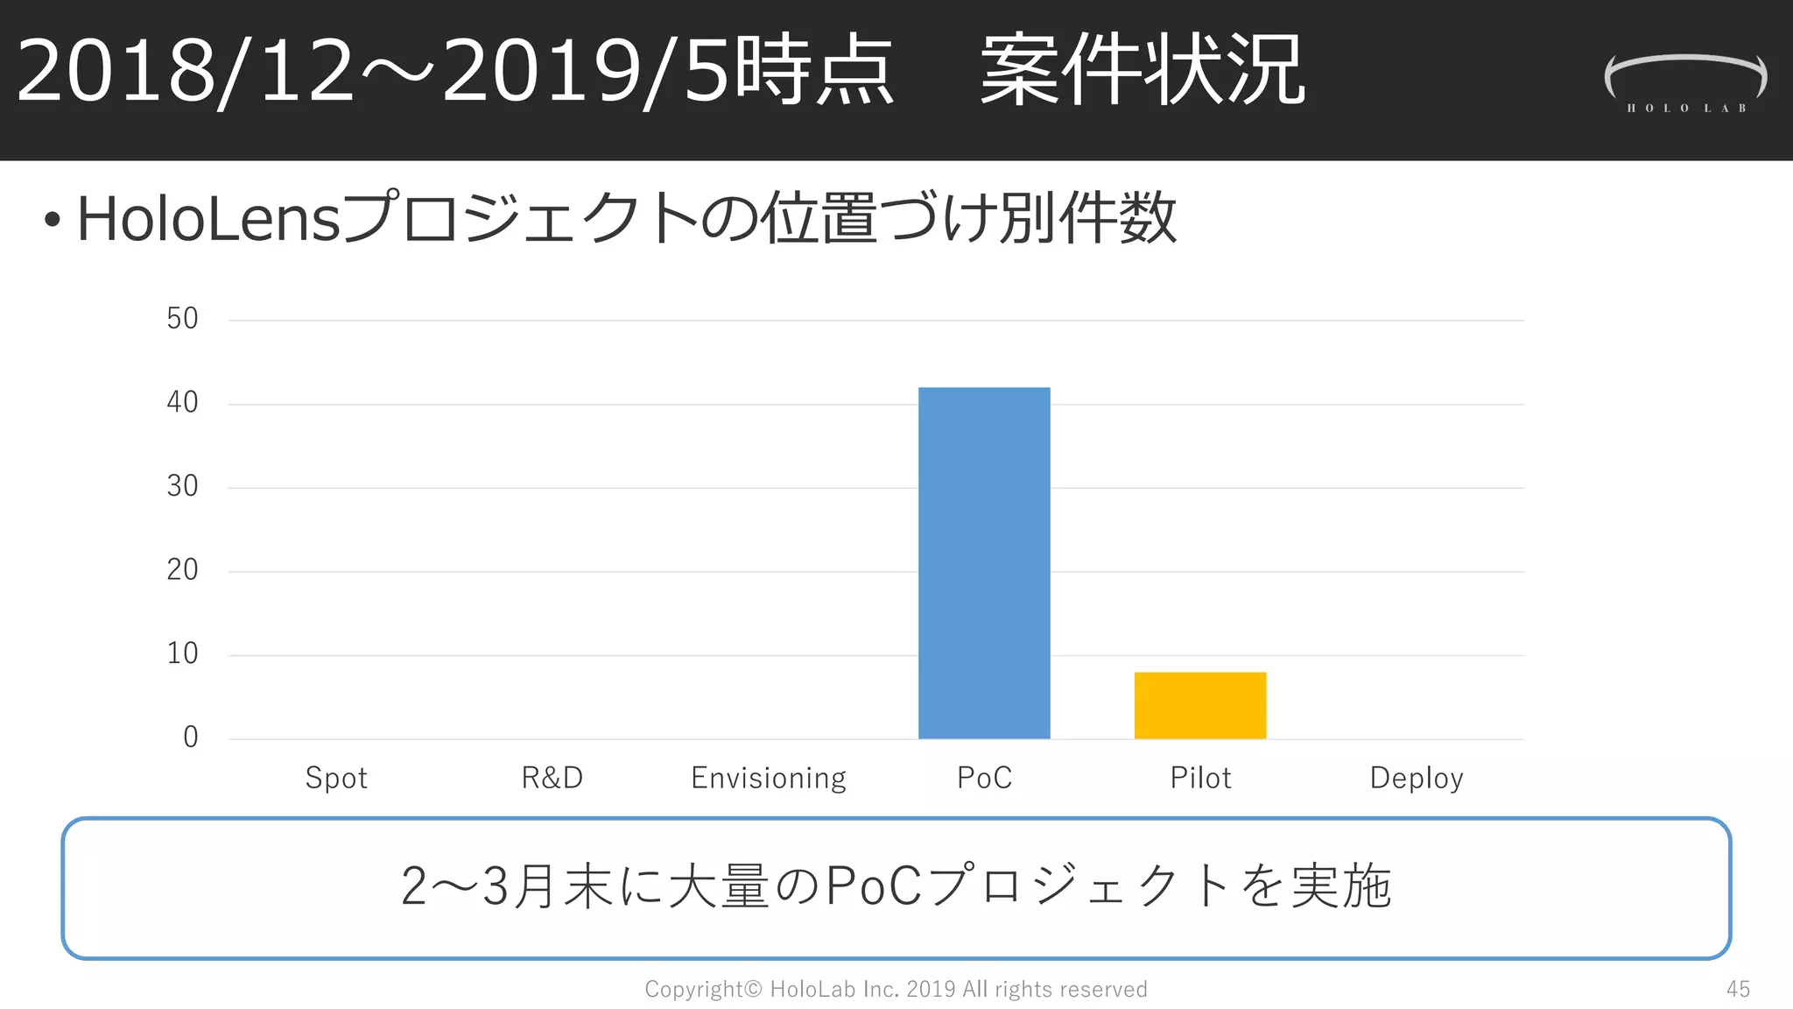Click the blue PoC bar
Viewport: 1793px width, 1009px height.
[x=984, y=563]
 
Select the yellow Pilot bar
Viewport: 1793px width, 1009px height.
[x=1200, y=706]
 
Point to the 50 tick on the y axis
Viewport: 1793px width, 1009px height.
[x=183, y=319]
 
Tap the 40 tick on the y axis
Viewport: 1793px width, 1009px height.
[x=183, y=403]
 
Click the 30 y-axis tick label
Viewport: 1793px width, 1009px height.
[x=183, y=486]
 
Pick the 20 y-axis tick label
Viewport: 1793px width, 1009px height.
[x=183, y=570]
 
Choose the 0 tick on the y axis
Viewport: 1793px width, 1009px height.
[x=191, y=737]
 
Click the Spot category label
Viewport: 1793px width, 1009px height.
[x=336, y=778]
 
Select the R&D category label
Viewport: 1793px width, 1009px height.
[x=552, y=778]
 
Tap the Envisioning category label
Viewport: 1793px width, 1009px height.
[x=769, y=778]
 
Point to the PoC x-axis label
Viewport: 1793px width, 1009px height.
[x=985, y=778]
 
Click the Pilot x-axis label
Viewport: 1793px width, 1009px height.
[x=1201, y=778]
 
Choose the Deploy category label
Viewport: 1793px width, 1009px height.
[x=1417, y=778]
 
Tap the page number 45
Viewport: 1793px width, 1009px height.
[x=1738, y=990]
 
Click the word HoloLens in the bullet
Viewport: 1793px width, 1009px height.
[x=208, y=219]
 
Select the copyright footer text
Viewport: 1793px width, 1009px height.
[x=896, y=990]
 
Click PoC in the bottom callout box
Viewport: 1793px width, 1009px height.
[x=874, y=886]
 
